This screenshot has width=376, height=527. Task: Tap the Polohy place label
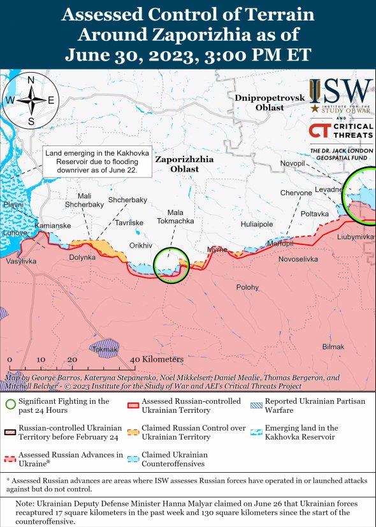coord(248,288)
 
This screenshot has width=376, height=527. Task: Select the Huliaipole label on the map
coord(257,224)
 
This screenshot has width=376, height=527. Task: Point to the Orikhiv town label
coord(141,245)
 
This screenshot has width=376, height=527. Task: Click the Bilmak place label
coord(333,346)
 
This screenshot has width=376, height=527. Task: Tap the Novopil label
coord(293,164)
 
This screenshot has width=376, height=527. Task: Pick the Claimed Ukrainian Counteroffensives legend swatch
coord(133,459)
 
